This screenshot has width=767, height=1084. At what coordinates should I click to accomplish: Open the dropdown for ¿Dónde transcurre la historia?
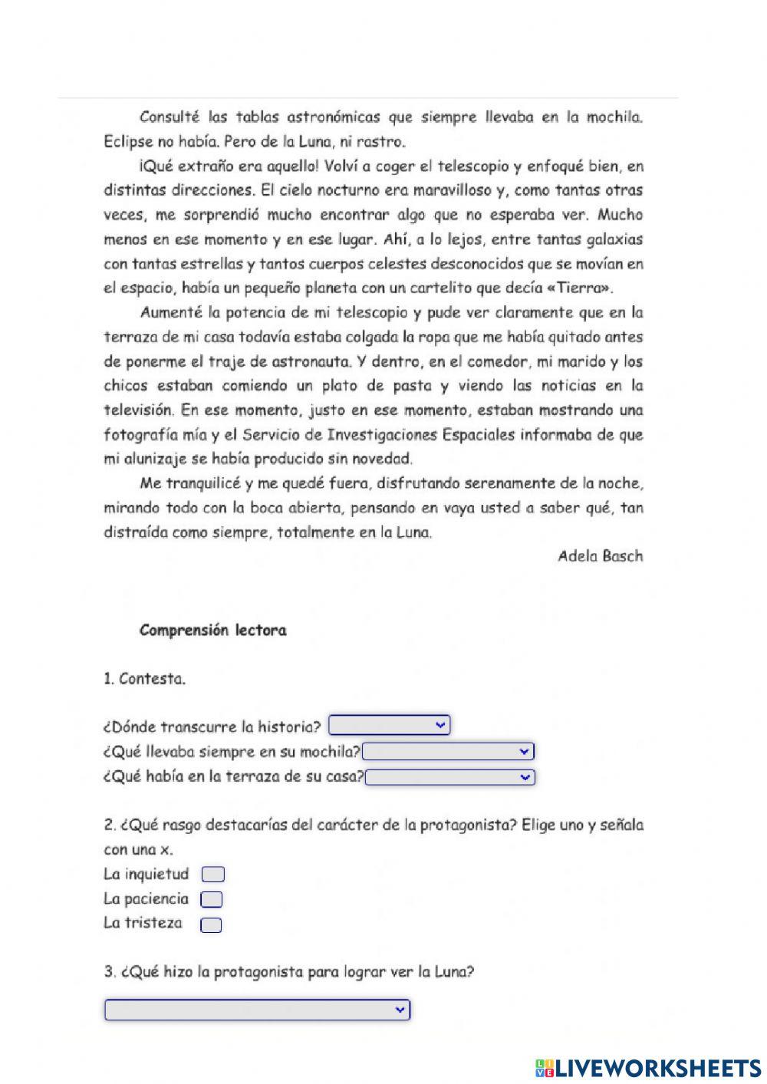pyautogui.click(x=389, y=725)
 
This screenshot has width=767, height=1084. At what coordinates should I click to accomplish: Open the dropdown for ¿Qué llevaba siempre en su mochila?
pyautogui.click(x=449, y=751)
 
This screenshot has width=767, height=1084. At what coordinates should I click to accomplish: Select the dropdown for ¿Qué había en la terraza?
pyautogui.click(x=450, y=777)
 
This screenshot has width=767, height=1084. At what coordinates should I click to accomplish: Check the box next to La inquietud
pyautogui.click(x=212, y=875)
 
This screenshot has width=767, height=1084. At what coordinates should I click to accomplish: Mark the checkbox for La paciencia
pyautogui.click(x=211, y=899)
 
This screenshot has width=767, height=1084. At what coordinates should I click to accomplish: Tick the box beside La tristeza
pyautogui.click(x=211, y=924)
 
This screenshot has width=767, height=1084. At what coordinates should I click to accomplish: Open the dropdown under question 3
pyautogui.click(x=257, y=1010)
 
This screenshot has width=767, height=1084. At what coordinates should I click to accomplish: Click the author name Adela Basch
pyautogui.click(x=600, y=556)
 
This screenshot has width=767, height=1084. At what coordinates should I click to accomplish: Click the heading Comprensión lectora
pyautogui.click(x=212, y=631)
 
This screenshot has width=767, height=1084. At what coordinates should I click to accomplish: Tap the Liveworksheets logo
pyautogui.click(x=647, y=1067)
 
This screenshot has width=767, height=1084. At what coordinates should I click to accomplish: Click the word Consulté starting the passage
pyautogui.click(x=170, y=117)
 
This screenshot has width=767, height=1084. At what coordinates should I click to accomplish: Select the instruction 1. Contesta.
pyautogui.click(x=144, y=679)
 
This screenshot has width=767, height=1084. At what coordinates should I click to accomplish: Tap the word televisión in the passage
pyautogui.click(x=138, y=410)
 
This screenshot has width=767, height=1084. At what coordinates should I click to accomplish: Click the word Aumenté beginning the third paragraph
pyautogui.click(x=170, y=312)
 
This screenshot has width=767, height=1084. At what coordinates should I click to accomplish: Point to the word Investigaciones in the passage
pyautogui.click(x=382, y=434)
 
